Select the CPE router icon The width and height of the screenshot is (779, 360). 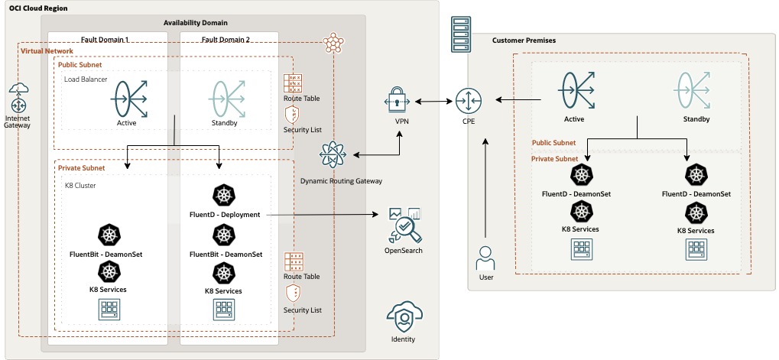[x=466, y=100]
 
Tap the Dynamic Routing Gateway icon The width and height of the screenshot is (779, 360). [x=333, y=156]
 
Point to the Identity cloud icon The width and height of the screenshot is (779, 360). [x=402, y=316]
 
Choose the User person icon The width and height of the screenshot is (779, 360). [x=486, y=257]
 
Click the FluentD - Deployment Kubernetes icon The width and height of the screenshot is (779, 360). [x=224, y=196]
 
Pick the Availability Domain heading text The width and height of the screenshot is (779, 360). [x=195, y=23]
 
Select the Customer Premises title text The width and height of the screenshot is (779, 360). [x=524, y=40]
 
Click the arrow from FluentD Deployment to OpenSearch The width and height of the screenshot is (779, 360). [x=321, y=216]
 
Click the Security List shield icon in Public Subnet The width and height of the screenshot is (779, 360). [x=291, y=115]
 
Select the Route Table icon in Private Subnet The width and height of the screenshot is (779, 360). [x=291, y=261]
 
